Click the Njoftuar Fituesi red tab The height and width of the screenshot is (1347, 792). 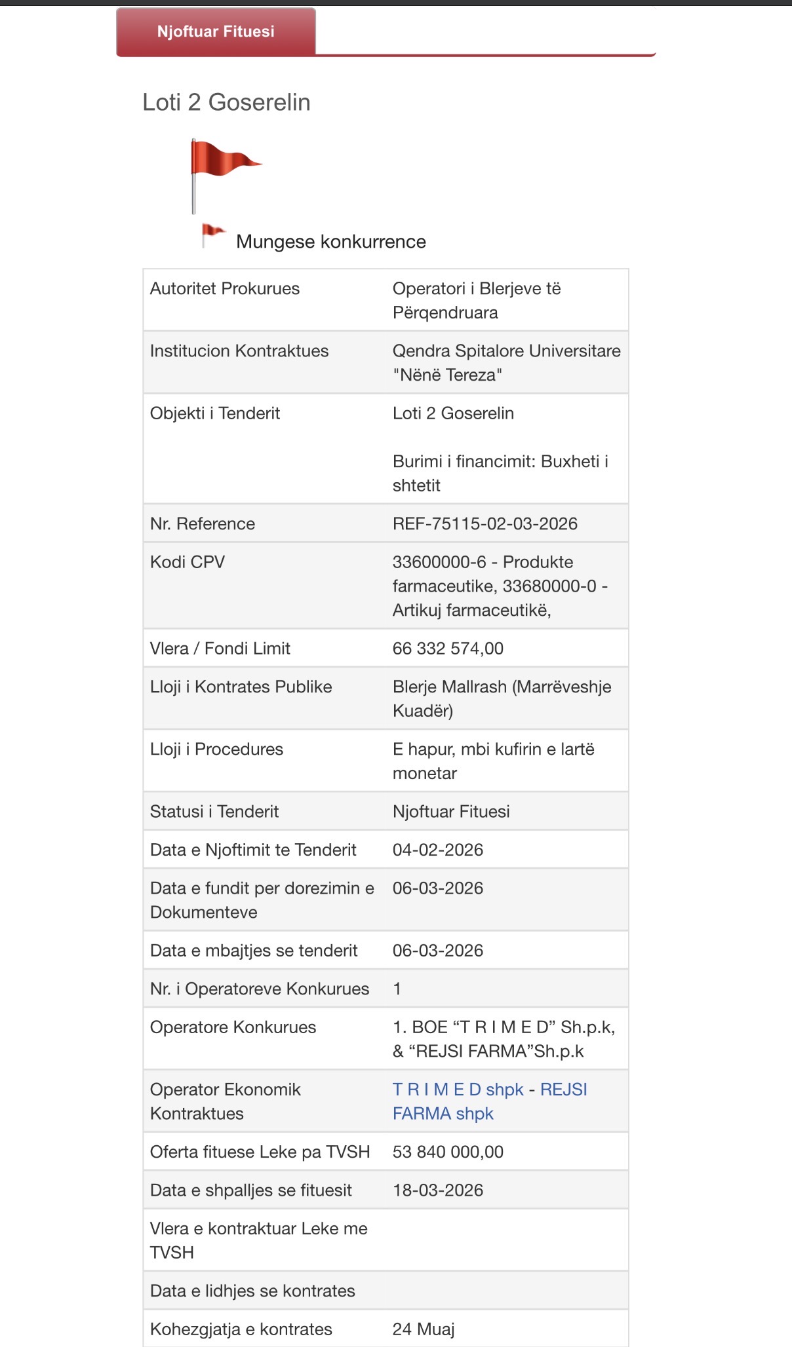click(x=216, y=31)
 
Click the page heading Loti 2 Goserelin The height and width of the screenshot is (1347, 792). click(x=226, y=102)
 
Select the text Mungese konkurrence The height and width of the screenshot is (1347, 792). click(x=330, y=242)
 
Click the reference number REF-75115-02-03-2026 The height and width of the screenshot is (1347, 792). click(x=485, y=523)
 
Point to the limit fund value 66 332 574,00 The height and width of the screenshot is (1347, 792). click(x=448, y=649)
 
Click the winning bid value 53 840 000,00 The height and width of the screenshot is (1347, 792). click(x=448, y=1152)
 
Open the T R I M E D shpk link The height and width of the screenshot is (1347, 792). click(x=458, y=1090)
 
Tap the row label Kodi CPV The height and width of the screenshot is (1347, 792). click(x=188, y=562)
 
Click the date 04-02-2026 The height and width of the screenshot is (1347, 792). click(x=437, y=850)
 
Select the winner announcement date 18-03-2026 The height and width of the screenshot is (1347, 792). click(x=437, y=1190)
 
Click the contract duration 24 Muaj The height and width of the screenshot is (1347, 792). click(x=423, y=1329)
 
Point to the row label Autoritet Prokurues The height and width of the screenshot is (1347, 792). click(x=225, y=289)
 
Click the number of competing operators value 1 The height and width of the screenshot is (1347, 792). click(x=397, y=989)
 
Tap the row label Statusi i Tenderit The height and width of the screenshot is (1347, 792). click(x=214, y=812)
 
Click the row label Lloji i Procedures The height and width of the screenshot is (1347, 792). click(x=216, y=749)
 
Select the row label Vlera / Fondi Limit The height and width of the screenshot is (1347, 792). click(x=220, y=649)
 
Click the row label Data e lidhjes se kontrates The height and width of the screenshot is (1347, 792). click(x=252, y=1291)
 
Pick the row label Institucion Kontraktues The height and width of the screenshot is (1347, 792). click(x=239, y=351)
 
